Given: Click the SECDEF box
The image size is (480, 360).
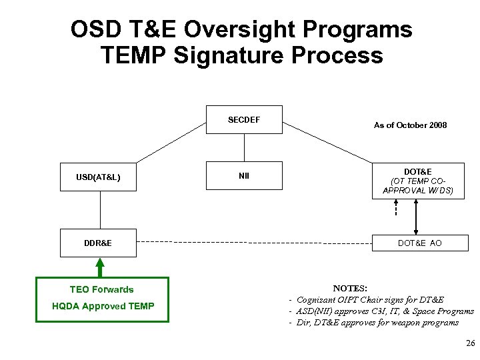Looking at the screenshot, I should [244, 120].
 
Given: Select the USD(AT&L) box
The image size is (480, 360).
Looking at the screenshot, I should [99, 177].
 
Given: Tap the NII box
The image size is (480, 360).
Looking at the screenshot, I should [244, 177].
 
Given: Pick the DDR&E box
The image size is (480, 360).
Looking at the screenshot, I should [99, 243].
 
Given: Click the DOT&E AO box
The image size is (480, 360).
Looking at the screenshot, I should [419, 243].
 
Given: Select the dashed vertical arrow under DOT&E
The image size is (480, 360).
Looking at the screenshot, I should [395, 208].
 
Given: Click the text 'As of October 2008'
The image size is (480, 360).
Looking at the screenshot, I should [410, 125].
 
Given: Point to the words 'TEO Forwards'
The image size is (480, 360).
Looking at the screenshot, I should [101, 289].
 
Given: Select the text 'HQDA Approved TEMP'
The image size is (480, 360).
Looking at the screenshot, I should [103, 306].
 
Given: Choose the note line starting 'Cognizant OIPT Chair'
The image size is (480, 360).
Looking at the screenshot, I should [369, 300].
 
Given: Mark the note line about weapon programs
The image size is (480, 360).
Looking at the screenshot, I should [377, 323].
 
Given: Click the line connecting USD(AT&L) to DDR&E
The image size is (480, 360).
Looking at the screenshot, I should [100, 210].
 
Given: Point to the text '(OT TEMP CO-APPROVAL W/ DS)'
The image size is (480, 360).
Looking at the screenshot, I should [418, 185].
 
